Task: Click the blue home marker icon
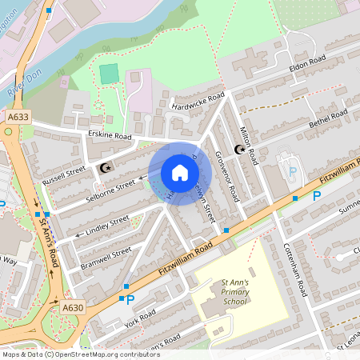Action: click(x=179, y=172)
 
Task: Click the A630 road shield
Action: click(x=73, y=306)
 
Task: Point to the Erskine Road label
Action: click(x=110, y=136)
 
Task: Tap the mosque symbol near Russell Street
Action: click(x=105, y=167)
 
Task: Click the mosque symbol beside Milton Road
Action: click(x=238, y=149)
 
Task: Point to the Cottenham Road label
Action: click(x=294, y=270)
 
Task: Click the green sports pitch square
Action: click(x=108, y=74)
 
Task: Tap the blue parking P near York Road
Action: click(x=130, y=300)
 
